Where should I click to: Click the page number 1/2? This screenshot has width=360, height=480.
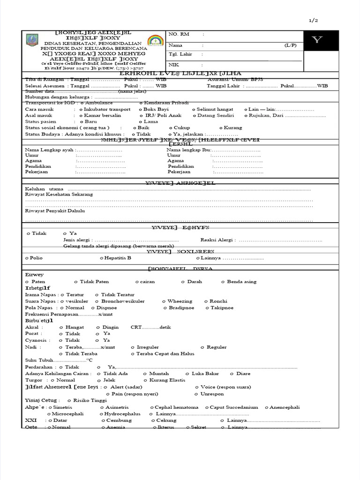pyautogui.click(x=314, y=21)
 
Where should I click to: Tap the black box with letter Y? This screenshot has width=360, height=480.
pyautogui.click(x=317, y=40)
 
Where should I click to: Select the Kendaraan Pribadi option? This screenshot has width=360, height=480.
pyautogui.click(x=166, y=103)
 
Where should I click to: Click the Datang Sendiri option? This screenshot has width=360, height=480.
pyautogui.click(x=215, y=115)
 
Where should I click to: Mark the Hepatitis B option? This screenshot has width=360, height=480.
pyautogui.click(x=118, y=258)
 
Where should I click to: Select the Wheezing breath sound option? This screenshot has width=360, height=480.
pyautogui.click(x=180, y=301)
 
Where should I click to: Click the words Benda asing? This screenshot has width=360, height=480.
pyautogui.click(x=241, y=282)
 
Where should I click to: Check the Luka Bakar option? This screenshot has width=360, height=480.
pyautogui.click(x=205, y=374)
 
